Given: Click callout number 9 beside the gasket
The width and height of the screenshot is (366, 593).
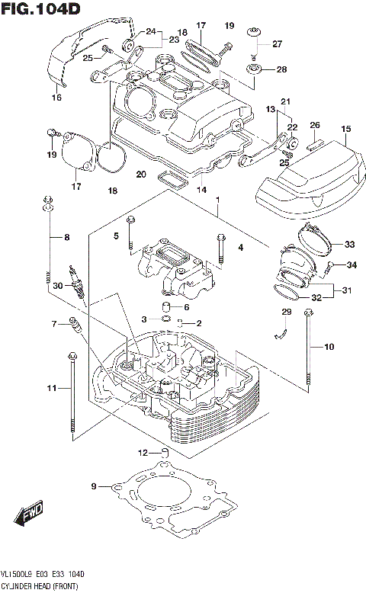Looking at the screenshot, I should tap(94, 486).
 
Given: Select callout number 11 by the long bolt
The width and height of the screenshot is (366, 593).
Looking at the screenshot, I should tap(50, 389).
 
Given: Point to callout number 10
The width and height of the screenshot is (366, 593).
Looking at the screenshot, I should tap(329, 348).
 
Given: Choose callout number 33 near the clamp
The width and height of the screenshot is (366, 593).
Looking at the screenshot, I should tap(350, 245).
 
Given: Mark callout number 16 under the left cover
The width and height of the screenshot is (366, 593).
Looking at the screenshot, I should tap(56, 98).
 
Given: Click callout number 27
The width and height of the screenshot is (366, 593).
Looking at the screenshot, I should tap(277, 43).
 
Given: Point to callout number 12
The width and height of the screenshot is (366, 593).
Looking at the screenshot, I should tap(142, 454).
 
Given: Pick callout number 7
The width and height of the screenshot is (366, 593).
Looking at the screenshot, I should tap(54, 324).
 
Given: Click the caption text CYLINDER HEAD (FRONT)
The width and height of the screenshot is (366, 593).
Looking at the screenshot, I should tap(38, 585).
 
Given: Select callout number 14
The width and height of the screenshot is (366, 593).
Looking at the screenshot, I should tap(201, 190).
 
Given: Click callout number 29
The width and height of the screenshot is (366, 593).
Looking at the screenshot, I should tap(287, 312).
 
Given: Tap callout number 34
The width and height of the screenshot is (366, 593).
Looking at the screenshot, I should tap(352, 265).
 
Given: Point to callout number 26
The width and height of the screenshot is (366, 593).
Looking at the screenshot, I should tap(314, 125).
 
